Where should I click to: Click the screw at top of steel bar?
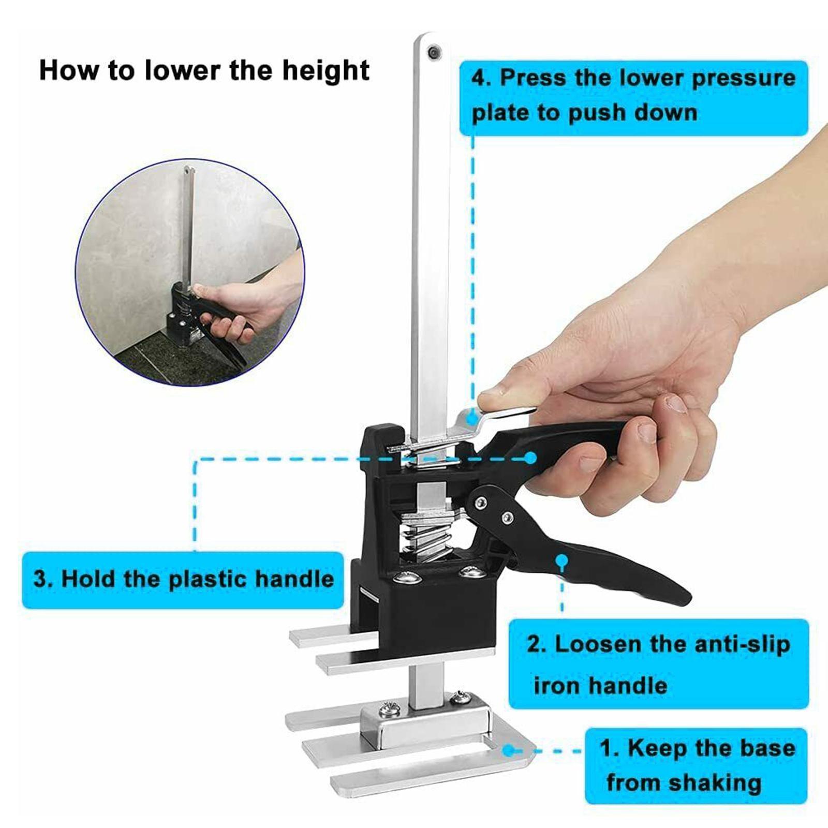(433, 51)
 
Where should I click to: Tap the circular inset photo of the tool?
(190, 271)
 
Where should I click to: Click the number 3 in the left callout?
(42, 578)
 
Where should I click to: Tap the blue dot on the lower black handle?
(562, 560)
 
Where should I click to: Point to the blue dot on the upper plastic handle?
(530, 457)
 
